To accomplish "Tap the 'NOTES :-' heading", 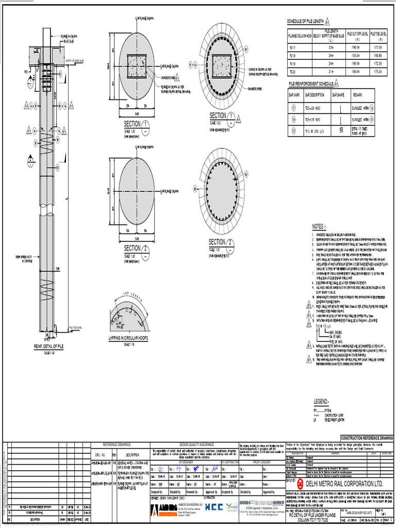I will click(319, 226).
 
